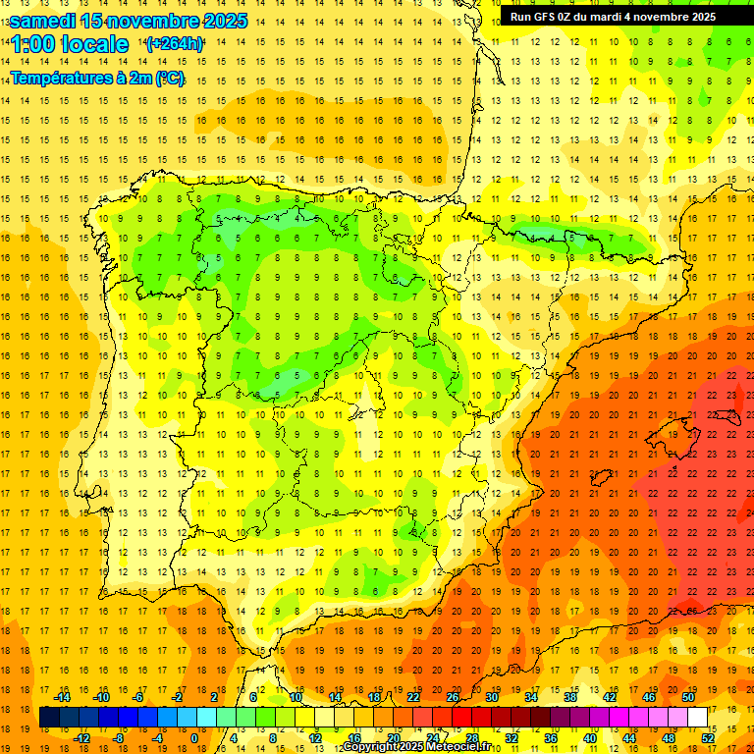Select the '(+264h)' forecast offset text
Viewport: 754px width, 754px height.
pyautogui.click(x=175, y=44)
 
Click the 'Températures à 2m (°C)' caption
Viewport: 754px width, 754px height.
pyautogui.click(x=96, y=78)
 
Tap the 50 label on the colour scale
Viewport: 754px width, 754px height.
pyautogui.click(x=688, y=697)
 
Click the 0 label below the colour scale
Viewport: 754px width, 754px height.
pyautogui.click(x=193, y=738)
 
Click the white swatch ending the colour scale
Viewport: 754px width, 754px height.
pyautogui.click(x=698, y=718)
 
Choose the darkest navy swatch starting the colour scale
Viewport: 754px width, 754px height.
pyautogui.click(x=49, y=718)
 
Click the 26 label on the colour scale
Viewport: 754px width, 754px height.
pyautogui.click(x=453, y=697)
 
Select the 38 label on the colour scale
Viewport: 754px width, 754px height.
pyautogui.click(x=570, y=697)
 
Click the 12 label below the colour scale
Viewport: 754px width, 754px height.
pyautogui.click(x=314, y=738)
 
